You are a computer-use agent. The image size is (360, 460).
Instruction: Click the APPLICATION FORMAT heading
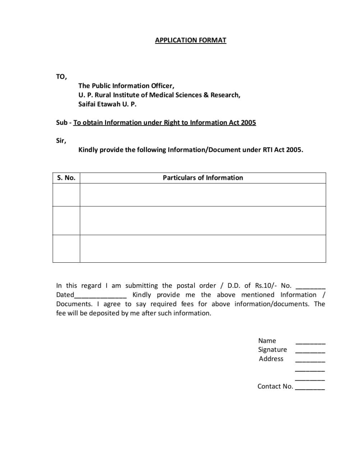pyautogui.click(x=190, y=40)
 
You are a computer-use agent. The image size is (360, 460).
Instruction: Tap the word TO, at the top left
pyautogui.click(x=61, y=77)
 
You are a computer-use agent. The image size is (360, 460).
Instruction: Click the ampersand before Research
pyautogui.click(x=206, y=95)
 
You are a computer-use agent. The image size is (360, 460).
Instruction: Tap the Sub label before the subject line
pyautogui.click(x=61, y=123)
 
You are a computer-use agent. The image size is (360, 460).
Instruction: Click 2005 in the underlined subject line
pyautogui.click(x=248, y=123)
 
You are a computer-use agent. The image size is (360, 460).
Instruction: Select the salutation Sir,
pyautogui.click(x=61, y=141)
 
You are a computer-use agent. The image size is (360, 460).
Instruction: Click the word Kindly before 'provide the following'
pyautogui.click(x=88, y=150)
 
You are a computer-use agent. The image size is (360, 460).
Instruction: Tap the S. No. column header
pyautogui.click(x=66, y=178)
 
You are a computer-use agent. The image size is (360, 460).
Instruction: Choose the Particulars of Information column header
pyautogui.click(x=203, y=178)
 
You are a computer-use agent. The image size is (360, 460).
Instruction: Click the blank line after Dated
pyautogui.click(x=100, y=297)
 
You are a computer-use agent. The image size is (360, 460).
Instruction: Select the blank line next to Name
pyautogui.click(x=310, y=343)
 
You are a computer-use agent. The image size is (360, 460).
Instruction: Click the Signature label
pyautogui.click(x=272, y=350)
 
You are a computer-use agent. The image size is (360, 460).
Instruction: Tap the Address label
pyautogui.click(x=271, y=359)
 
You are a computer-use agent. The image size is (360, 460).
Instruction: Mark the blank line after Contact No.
pyautogui.click(x=310, y=389)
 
